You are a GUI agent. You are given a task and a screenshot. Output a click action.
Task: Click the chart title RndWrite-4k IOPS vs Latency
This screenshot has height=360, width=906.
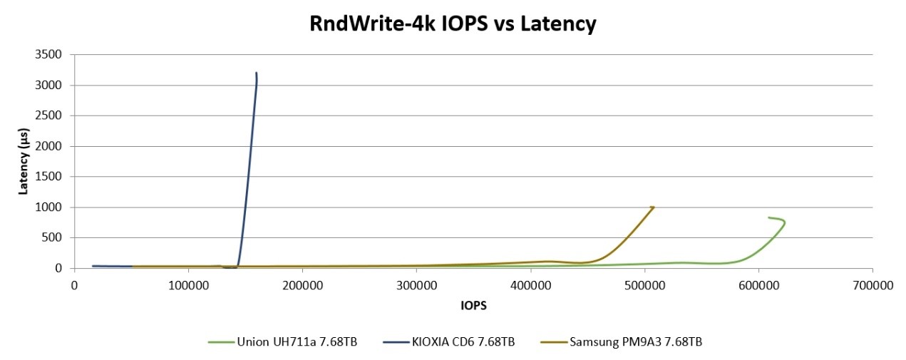point(453,24)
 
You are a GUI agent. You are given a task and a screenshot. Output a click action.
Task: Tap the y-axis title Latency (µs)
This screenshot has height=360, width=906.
point(24,162)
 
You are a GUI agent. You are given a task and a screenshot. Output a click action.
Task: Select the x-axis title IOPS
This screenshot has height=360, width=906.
point(473,305)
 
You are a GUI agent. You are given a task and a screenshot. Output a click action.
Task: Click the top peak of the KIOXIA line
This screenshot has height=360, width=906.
point(256,73)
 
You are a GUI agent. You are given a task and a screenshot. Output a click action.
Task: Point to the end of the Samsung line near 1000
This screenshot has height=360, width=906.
point(653,207)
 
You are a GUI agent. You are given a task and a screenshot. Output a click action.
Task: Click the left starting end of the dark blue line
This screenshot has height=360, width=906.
point(93,266)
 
